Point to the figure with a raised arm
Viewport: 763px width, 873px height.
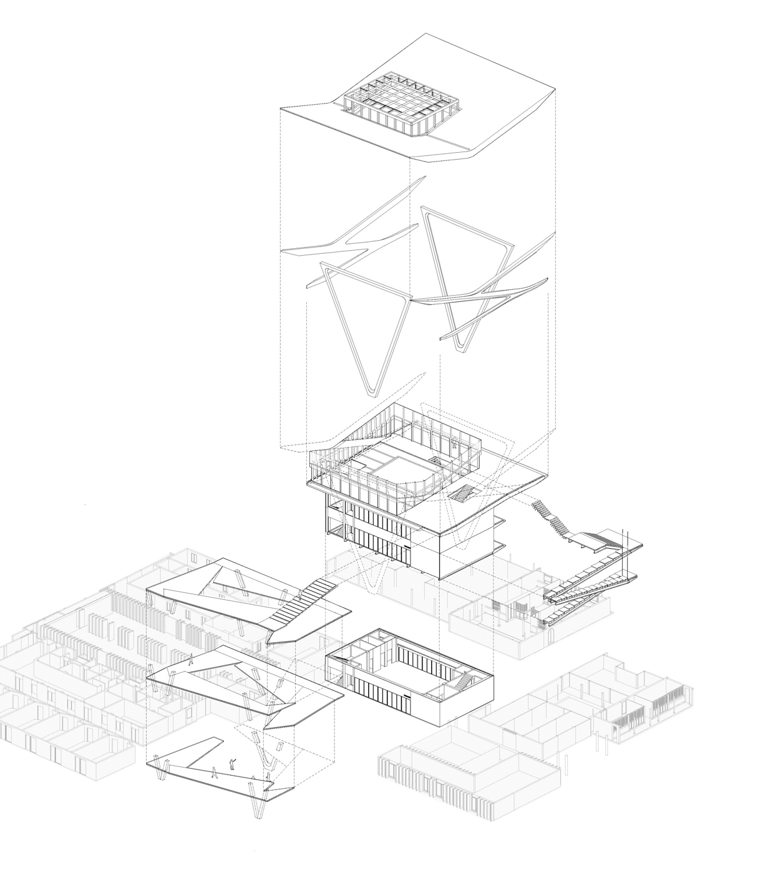[233, 763]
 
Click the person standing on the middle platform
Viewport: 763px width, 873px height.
[191, 660]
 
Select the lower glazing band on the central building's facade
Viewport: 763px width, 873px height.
[374, 542]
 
